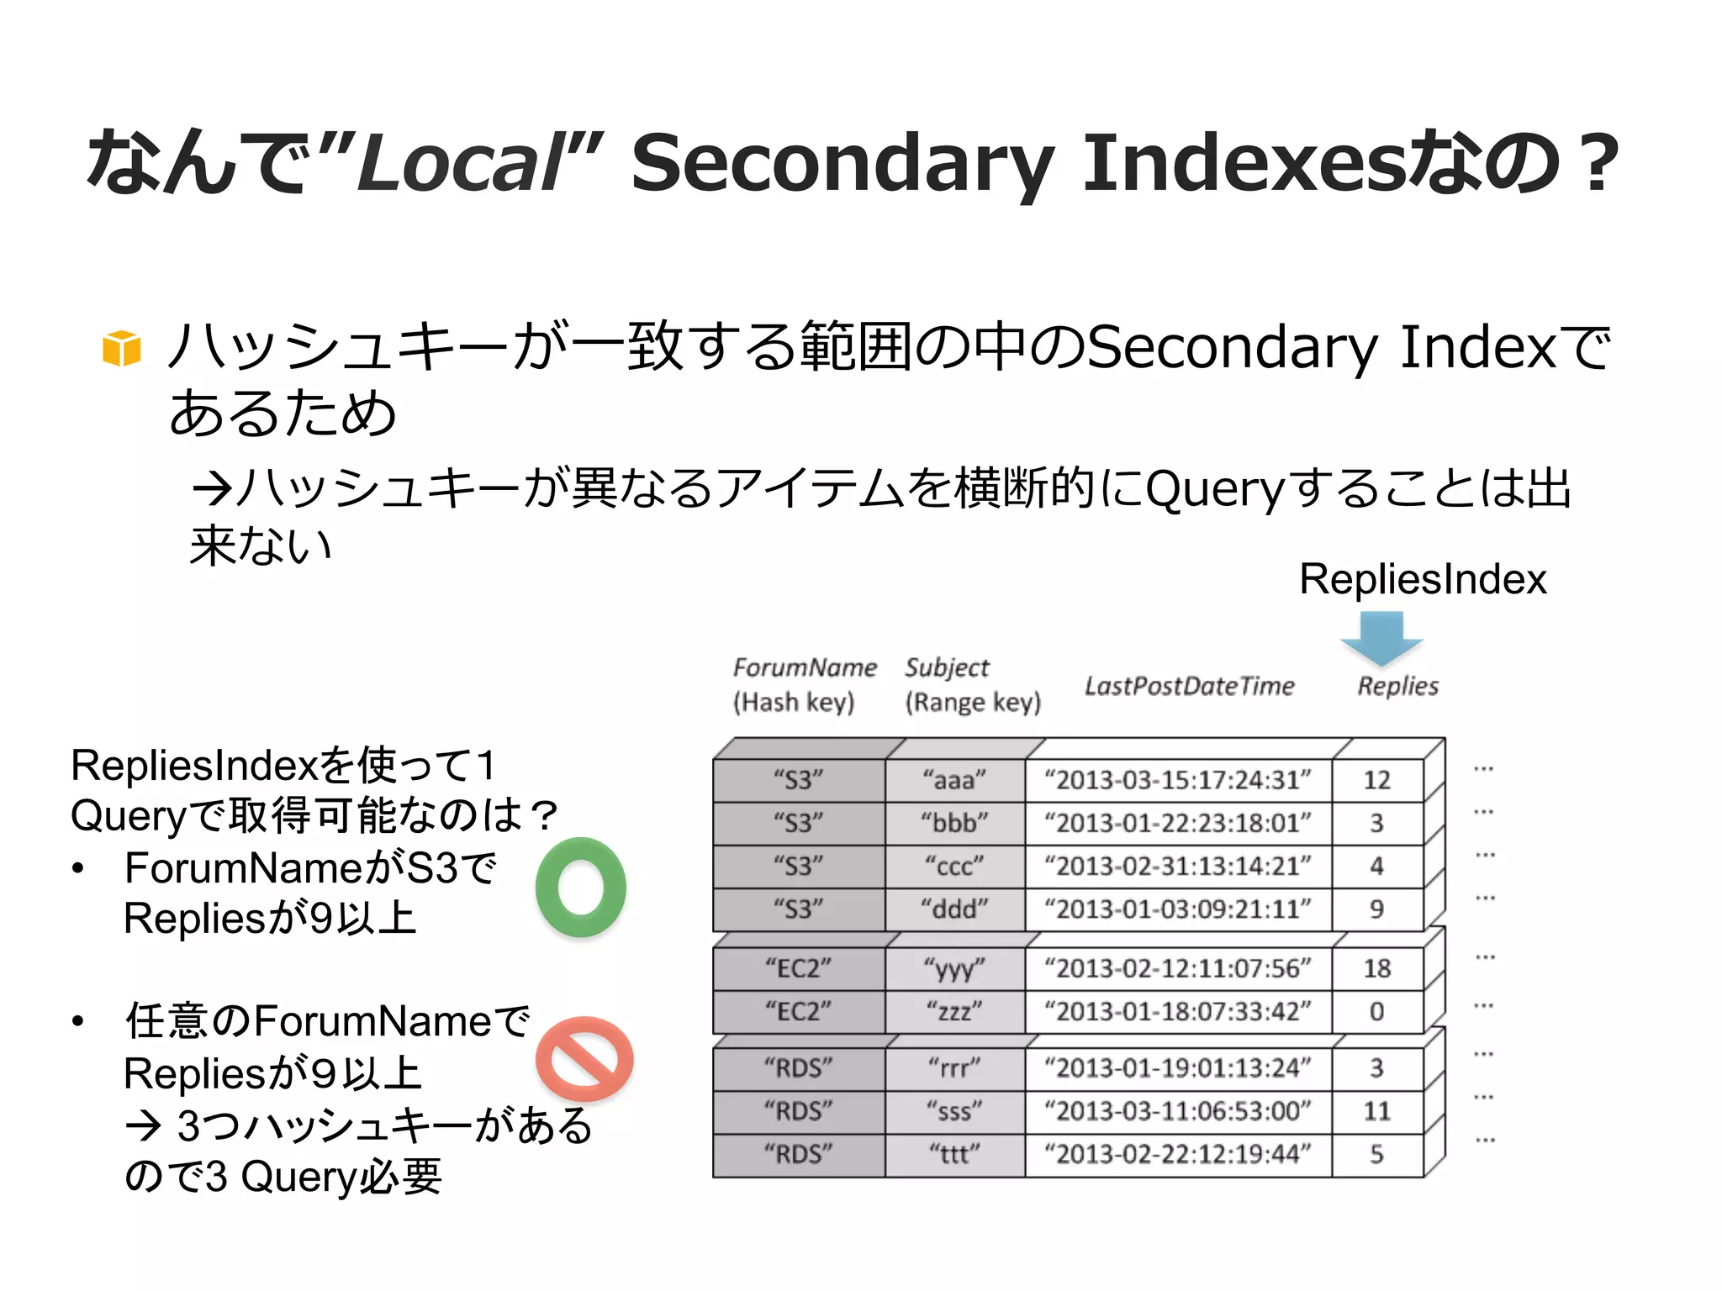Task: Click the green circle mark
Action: point(581,888)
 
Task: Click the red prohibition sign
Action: point(584,1059)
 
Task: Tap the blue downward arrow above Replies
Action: point(1381,638)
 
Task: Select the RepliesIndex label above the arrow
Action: point(1423,579)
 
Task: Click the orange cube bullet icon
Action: point(122,348)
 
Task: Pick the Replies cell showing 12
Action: point(1376,780)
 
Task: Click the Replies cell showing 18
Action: point(1376,968)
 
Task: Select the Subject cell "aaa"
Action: point(954,780)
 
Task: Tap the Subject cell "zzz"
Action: point(954,1011)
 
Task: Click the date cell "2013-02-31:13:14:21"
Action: point(1177,866)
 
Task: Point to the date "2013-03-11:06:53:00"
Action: point(1177,1111)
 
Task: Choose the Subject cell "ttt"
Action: point(954,1154)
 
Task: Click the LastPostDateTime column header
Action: point(1189,686)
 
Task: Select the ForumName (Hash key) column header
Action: point(804,684)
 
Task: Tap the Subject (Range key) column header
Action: point(972,684)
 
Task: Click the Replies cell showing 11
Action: point(1376,1111)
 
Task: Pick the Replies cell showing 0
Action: point(1376,1011)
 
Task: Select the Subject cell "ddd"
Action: point(954,909)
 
